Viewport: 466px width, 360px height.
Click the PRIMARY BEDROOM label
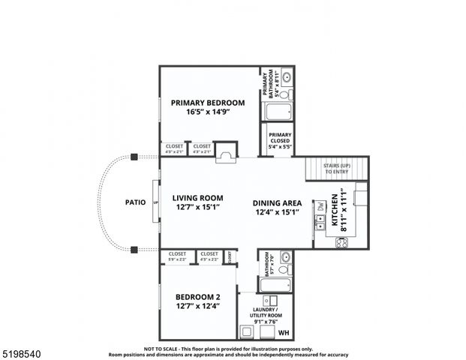pos(207,103)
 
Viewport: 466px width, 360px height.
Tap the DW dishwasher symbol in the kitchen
pos(319,205)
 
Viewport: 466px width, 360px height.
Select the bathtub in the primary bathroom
pos(281,112)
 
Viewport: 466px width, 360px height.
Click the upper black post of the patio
pos(133,157)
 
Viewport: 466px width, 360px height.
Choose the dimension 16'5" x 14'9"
pos(207,112)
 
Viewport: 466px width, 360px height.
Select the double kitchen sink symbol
pos(319,220)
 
